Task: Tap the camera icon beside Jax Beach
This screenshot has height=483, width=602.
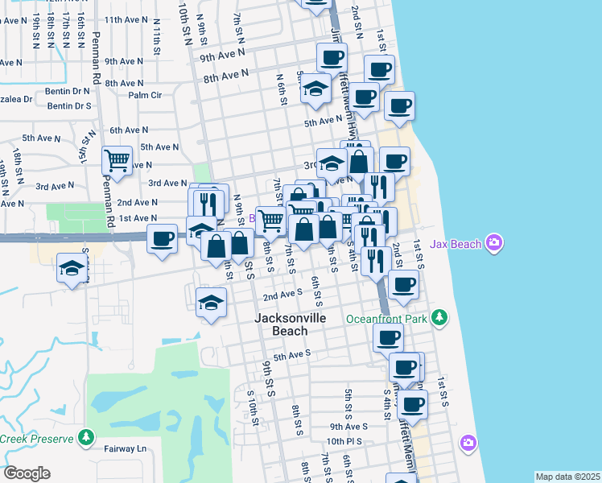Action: [x=494, y=242]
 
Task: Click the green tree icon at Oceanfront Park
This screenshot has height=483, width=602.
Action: [x=439, y=318]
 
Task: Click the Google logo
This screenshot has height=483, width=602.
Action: [x=26, y=473]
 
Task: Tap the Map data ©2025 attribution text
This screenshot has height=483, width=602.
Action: [x=567, y=477]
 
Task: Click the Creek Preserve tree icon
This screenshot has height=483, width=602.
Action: [x=86, y=439]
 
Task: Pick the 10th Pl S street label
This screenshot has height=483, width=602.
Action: [x=346, y=442]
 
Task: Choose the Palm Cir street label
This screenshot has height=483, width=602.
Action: [x=145, y=95]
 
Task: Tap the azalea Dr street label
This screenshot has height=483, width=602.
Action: [x=16, y=100]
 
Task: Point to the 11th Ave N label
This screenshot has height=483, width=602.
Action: [x=124, y=19]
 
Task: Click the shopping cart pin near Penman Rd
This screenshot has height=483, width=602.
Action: [x=118, y=160]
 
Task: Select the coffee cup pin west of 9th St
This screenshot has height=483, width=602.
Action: [x=162, y=238]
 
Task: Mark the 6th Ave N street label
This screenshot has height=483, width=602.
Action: [x=129, y=130]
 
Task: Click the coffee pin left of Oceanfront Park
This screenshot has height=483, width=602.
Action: [x=388, y=337]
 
